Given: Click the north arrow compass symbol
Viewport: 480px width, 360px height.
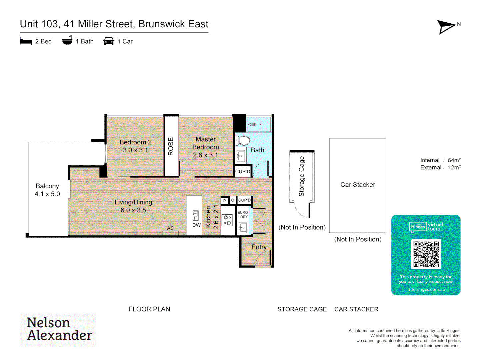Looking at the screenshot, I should pyautogui.click(x=446, y=27).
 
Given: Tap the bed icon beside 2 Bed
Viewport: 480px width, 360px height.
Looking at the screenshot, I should pyautogui.click(x=26, y=41).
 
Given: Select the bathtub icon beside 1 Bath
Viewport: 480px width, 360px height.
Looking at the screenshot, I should pyautogui.click(x=67, y=41).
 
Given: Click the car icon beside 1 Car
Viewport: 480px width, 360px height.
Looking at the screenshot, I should pyautogui.click(x=109, y=41).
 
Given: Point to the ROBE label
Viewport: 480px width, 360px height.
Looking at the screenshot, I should pyautogui.click(x=171, y=146).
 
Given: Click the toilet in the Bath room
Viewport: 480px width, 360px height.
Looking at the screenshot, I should pyautogui.click(x=243, y=141).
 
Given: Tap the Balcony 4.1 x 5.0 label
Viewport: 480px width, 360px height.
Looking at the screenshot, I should pyautogui.click(x=47, y=190).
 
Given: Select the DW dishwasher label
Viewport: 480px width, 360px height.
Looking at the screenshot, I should pyautogui.click(x=196, y=225).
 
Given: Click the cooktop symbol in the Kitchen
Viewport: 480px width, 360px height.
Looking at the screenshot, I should pyautogui.click(x=227, y=220).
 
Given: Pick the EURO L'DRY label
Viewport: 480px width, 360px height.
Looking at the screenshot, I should pyautogui.click(x=243, y=215).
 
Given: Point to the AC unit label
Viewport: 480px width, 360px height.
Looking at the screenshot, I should pyautogui.click(x=170, y=228).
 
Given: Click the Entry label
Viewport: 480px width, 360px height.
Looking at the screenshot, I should pyautogui.click(x=259, y=247).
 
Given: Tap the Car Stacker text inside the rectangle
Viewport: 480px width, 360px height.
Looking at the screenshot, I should pyautogui.click(x=358, y=185).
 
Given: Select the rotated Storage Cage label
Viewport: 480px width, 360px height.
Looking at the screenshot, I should pyautogui.click(x=302, y=176).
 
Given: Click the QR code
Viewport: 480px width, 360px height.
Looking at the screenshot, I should pyautogui.click(x=426, y=254).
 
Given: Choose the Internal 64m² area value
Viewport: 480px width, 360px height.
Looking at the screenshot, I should pyautogui.click(x=454, y=160).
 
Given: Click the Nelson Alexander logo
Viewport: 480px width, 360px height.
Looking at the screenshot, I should pyautogui.click(x=59, y=329).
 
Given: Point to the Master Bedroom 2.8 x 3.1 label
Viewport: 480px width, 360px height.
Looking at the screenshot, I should pyautogui.click(x=206, y=147).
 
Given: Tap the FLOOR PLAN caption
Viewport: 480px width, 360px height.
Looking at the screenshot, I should pyautogui.click(x=149, y=309).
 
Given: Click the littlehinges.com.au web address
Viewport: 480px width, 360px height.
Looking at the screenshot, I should pyautogui.click(x=426, y=289).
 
